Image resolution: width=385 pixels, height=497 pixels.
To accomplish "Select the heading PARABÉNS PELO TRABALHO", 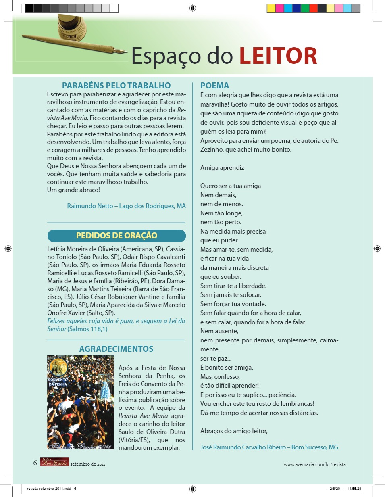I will (117, 86).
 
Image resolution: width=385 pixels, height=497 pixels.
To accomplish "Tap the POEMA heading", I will (214, 86).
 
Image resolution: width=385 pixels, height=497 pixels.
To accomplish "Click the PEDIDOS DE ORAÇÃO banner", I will (117, 236).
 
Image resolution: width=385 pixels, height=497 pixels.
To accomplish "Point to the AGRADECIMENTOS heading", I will (116, 349).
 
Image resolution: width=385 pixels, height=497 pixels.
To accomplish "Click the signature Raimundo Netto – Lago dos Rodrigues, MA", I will (126, 206).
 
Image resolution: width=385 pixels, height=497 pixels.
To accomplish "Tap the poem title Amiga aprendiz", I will (222, 168).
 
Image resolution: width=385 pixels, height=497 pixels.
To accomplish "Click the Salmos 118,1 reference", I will (88, 329).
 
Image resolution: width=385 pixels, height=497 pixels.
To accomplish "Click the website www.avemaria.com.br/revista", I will (314, 464).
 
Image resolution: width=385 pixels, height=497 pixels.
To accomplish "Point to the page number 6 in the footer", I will (35, 463).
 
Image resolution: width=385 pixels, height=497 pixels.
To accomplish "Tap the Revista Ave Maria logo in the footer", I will (54, 463).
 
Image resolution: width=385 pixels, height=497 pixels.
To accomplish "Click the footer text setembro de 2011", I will (87, 464).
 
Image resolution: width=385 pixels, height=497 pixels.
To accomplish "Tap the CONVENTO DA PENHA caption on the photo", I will (58, 382).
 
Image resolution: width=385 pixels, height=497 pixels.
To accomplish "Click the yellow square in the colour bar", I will (271, 8).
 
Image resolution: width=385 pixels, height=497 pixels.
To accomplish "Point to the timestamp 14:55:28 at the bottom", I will (354, 488).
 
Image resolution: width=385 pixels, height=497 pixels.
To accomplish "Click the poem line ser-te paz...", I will (216, 358).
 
